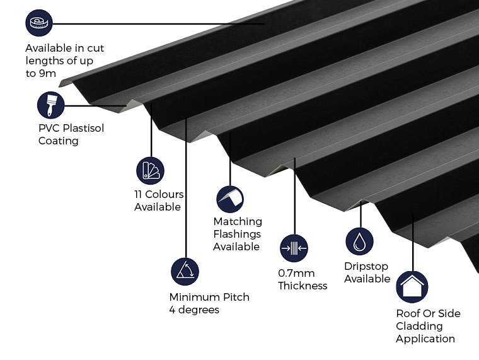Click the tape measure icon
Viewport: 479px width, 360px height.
click(x=39, y=24)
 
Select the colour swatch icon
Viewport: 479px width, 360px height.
click(x=150, y=170)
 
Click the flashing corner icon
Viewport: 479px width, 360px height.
click(x=230, y=199)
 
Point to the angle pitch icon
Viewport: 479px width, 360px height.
click(x=185, y=271)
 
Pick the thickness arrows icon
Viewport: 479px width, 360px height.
click(x=294, y=248)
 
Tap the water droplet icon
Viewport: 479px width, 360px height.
click(x=359, y=241)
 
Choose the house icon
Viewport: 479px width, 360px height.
click(x=412, y=287)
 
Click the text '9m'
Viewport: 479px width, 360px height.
click(x=49, y=74)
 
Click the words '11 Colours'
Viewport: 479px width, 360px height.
click(x=159, y=194)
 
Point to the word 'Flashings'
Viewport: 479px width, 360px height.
click(x=236, y=234)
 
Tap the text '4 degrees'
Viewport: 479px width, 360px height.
click(x=194, y=310)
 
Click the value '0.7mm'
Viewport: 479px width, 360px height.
click(x=296, y=273)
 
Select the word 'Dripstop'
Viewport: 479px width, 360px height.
click(x=366, y=266)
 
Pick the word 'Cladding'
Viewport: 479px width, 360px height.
click(x=419, y=326)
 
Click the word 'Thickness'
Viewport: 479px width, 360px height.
click(x=303, y=286)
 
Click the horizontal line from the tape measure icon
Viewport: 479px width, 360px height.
click(x=158, y=24)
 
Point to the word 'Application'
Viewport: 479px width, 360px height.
click(x=425, y=339)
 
